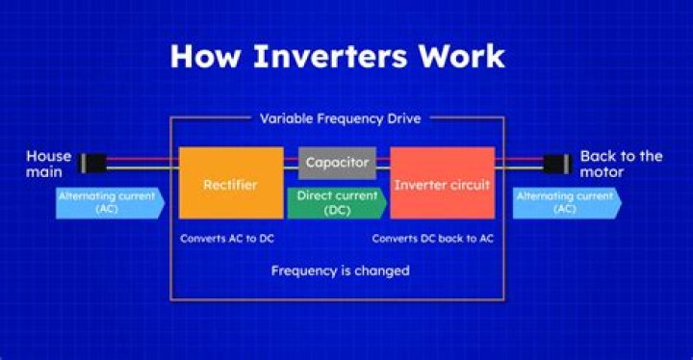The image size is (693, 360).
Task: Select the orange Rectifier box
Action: pos(231,182)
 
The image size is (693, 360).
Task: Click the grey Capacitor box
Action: pos(338,163)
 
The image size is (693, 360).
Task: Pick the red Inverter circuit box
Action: pos(442,182)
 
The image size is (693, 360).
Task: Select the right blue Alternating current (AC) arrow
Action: pos(566,202)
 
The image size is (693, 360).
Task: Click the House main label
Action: pos(48,164)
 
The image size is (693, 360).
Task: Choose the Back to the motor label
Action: pos(621,164)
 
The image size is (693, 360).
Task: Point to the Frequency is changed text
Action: pos(340,270)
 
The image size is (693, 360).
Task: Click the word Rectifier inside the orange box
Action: pos(231,182)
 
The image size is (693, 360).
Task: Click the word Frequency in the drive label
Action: pos(346,118)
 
